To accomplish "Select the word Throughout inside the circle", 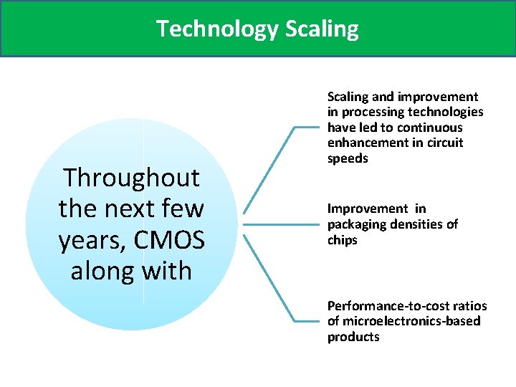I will pyautogui.click(x=131, y=177).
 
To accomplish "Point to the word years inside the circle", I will pyautogui.click(x=90, y=240).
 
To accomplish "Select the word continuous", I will pyautogui.click(x=425, y=128).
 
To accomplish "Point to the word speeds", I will pyautogui.click(x=348, y=158).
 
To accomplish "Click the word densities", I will pyautogui.click(x=421, y=224).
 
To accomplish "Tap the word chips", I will pyautogui.click(x=343, y=240).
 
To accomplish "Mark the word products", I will pyautogui.click(x=353, y=337).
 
